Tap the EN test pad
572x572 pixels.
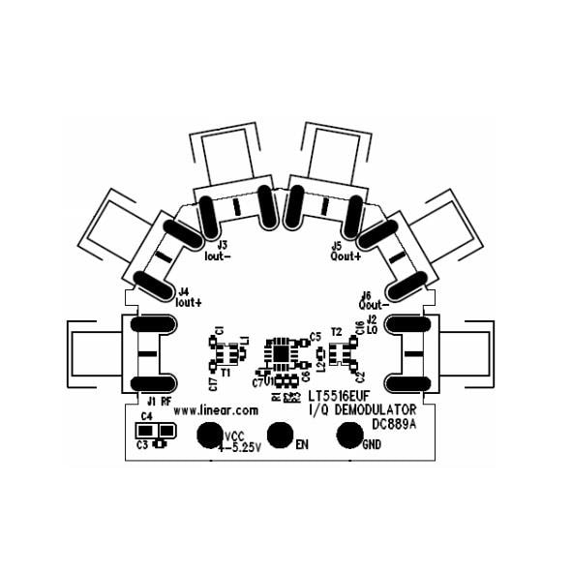(x=281, y=436)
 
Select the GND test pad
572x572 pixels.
(x=350, y=436)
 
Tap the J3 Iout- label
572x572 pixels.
(x=218, y=252)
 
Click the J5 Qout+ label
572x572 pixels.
(x=345, y=252)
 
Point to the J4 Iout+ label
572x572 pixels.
(x=189, y=296)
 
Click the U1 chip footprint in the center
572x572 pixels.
(x=282, y=352)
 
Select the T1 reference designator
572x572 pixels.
(x=225, y=372)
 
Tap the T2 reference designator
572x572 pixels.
(x=336, y=331)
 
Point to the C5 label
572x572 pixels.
(x=315, y=337)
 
